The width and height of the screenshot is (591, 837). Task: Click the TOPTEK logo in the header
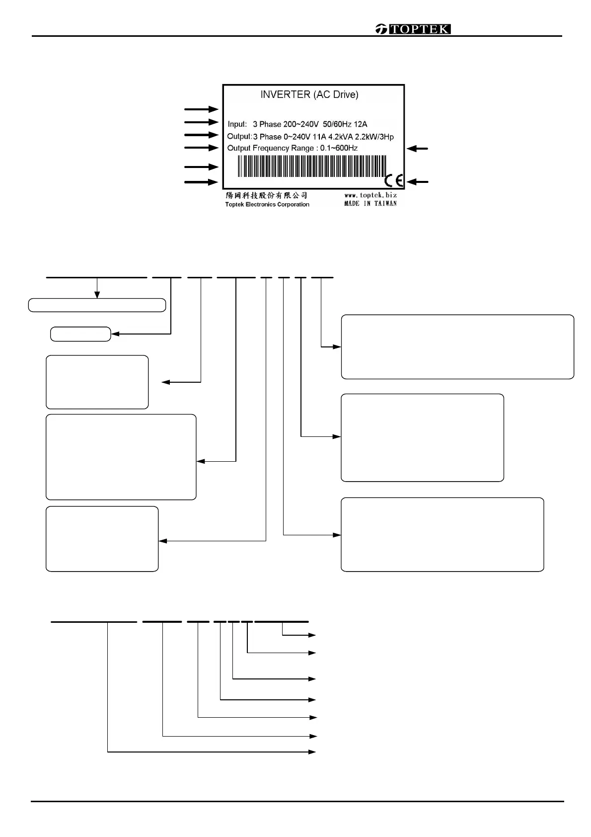(x=413, y=29)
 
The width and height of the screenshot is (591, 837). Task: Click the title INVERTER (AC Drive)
(x=309, y=94)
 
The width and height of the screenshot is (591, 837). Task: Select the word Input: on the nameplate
(x=237, y=124)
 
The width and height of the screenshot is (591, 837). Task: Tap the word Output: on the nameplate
(x=239, y=137)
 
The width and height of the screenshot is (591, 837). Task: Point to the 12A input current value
(x=361, y=124)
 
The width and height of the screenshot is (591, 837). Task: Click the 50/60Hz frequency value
(x=337, y=124)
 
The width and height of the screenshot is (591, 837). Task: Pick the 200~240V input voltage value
(x=301, y=124)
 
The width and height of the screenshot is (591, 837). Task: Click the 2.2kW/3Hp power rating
(x=374, y=137)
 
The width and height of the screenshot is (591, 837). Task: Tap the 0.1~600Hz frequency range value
(x=339, y=148)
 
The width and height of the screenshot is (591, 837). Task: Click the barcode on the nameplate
(x=311, y=166)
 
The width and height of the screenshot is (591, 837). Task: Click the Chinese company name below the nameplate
(x=267, y=196)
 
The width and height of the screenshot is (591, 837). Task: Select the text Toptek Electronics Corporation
(x=267, y=204)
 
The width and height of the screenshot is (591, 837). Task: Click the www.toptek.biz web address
(x=370, y=195)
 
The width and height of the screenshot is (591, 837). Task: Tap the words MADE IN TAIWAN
(x=370, y=203)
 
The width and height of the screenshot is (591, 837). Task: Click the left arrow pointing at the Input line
(x=201, y=122)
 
